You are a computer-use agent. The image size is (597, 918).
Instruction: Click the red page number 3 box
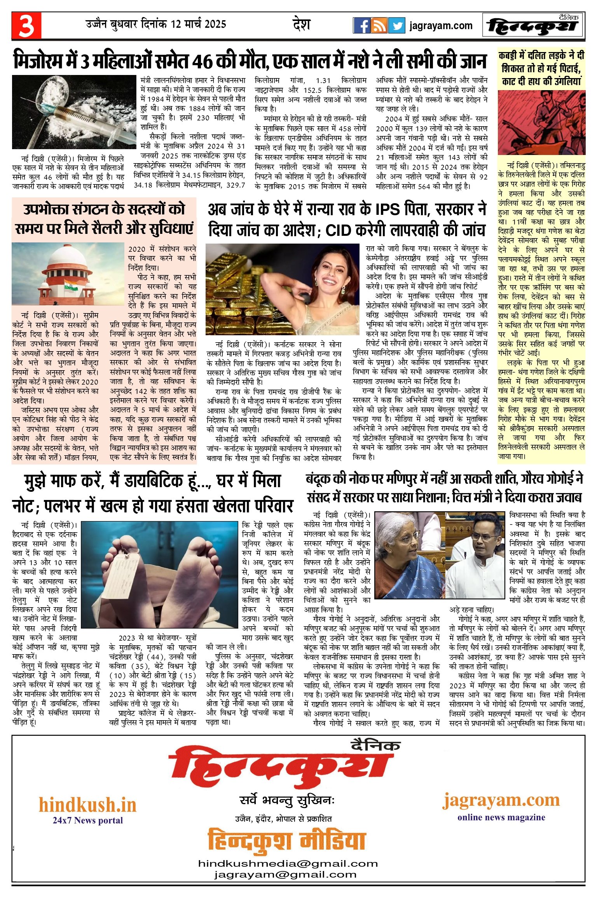pos(26,26)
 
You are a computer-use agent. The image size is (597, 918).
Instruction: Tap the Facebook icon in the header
pos(361,26)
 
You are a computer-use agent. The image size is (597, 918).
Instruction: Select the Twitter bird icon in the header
pos(396,26)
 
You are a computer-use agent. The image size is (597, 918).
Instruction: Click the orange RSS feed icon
pos(379,26)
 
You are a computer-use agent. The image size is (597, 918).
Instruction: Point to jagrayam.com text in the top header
pos(441,26)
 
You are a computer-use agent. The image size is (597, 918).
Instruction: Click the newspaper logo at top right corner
pos(533,26)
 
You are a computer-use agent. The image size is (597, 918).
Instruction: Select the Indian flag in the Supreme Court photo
pos(71,285)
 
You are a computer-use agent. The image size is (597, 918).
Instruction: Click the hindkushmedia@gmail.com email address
pos(288,863)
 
